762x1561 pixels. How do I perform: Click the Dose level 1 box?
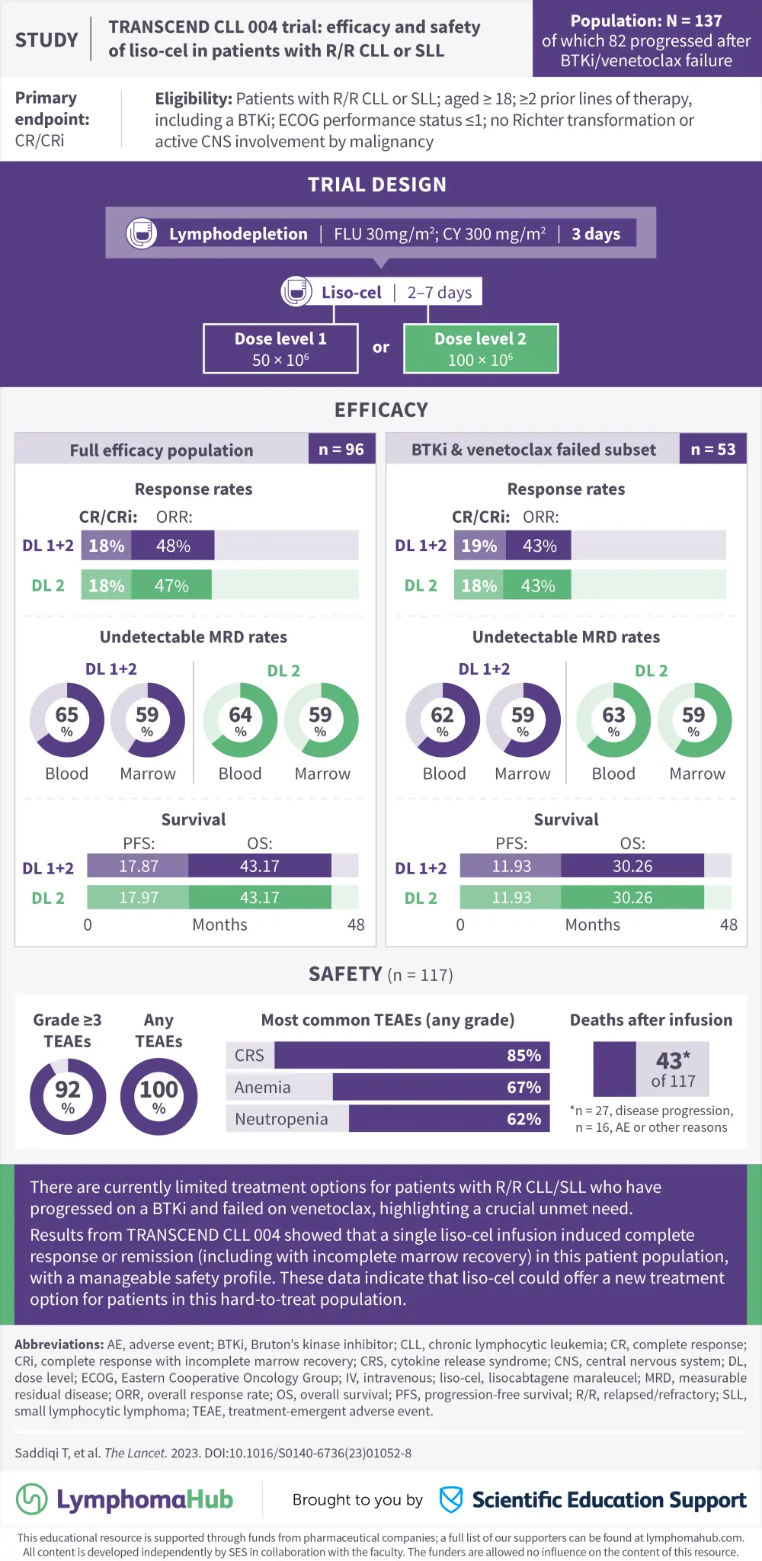pos(280,349)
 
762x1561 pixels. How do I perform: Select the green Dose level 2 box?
pos(481,349)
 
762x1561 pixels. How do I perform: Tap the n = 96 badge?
pos(341,450)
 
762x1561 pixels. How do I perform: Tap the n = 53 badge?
pos(713,450)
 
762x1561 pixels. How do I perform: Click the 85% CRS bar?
pos(411,1056)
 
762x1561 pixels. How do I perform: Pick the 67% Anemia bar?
pos(440,1088)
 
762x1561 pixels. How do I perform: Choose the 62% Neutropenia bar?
pos(449,1119)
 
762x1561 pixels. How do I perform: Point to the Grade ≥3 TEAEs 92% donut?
pos(68,1097)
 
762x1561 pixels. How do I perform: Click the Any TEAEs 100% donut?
pos(158,1097)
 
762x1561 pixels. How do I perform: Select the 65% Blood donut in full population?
pos(67,720)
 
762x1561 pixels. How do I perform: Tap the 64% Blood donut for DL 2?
pos(240,720)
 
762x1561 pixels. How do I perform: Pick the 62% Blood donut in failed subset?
pos(443,720)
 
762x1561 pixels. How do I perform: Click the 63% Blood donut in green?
pos(613,720)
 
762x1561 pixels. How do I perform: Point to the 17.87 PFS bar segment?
pos(138,866)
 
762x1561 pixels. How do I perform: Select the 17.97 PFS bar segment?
pos(138,898)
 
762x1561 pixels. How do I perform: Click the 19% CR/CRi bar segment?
pos(479,546)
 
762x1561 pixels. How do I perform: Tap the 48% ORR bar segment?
pos(173,546)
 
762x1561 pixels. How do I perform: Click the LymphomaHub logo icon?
pos(32,1499)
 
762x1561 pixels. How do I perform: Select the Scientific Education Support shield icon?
pos(451,1499)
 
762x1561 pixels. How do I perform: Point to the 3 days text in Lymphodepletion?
pos(596,234)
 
